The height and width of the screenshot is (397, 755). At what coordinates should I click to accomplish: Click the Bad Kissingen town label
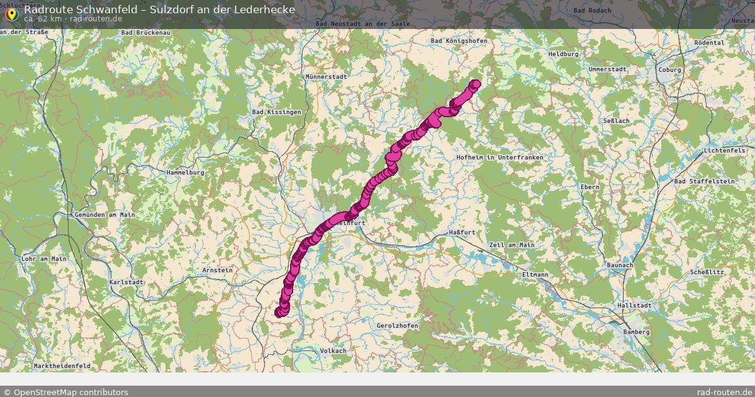pos(276,112)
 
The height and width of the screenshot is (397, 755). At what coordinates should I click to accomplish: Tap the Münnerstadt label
pos(326,77)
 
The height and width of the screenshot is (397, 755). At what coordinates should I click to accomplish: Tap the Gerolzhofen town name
pos(397,326)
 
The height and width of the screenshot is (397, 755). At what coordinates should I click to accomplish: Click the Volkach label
pos(333,350)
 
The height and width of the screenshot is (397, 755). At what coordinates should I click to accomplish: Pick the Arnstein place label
pos(217,270)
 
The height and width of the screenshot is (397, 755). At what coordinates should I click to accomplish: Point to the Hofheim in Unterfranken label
pos(500,157)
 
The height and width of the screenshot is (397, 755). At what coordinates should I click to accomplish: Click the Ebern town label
pos(590,187)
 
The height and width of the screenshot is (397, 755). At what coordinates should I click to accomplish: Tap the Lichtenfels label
pos(725,151)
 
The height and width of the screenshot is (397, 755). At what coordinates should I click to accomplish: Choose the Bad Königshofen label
pos(459,41)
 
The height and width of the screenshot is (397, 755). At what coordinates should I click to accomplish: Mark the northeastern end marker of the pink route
pos(475,84)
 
